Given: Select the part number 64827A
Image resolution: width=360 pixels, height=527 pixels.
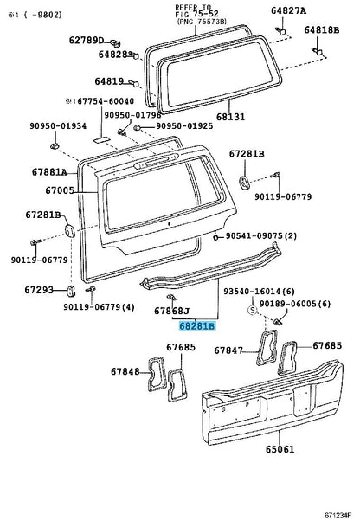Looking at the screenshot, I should point(301,11).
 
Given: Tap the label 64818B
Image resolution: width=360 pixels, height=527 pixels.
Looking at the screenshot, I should point(321,30).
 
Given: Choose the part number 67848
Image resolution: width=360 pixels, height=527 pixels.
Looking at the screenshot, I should point(125,372).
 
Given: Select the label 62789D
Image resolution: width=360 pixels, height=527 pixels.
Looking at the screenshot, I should point(87,40).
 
